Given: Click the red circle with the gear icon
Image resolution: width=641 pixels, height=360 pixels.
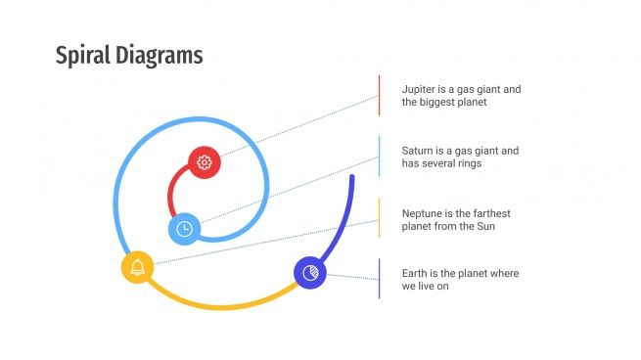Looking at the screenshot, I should pyautogui.click(x=204, y=162).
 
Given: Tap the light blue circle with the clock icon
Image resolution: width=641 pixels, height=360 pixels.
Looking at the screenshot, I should pyautogui.click(x=184, y=229).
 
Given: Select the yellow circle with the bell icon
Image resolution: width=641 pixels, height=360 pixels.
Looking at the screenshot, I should pyautogui.click(x=137, y=267).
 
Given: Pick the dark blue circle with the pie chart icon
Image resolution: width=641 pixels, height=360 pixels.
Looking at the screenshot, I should pyautogui.click(x=310, y=273).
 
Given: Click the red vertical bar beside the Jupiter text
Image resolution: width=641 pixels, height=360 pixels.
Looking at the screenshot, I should pyautogui.click(x=380, y=95).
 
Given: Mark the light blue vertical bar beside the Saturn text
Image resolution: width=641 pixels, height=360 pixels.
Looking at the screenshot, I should pyautogui.click(x=380, y=157).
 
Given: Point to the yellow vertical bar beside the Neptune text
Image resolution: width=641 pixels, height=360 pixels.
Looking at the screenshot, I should pyautogui.click(x=380, y=218).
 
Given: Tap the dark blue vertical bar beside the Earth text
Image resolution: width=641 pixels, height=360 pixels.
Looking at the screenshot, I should pyautogui.click(x=380, y=279).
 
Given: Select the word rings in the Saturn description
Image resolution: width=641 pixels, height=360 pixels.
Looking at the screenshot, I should pyautogui.click(x=468, y=163).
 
